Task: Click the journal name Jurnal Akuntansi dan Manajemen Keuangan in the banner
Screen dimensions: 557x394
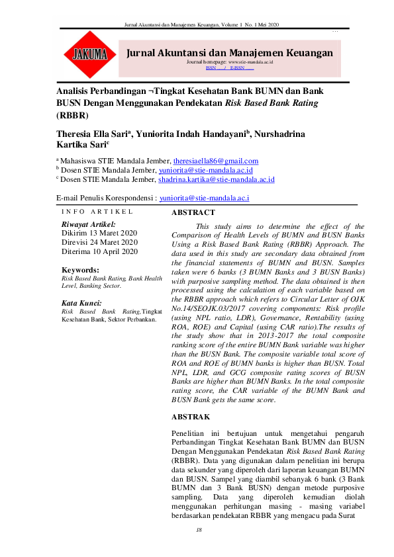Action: point(230,52)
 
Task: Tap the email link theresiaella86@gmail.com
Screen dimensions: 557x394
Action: point(215,161)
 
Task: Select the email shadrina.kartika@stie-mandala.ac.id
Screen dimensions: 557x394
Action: point(216,179)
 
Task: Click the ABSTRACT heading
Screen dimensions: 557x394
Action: point(193,212)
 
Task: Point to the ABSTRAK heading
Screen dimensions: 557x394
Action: point(191,417)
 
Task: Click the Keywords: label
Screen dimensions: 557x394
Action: point(80,271)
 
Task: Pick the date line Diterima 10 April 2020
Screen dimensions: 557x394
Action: point(99,251)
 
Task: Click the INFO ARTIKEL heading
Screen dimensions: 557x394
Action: point(97,212)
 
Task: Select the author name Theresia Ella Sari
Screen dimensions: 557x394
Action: point(93,133)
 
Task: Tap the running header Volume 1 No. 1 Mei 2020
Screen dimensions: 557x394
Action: point(250,24)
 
